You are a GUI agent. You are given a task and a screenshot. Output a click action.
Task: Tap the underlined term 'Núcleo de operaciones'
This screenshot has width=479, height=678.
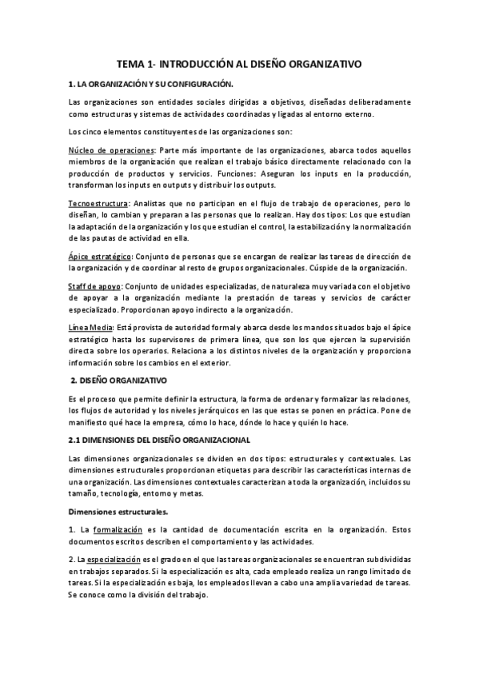click(111, 150)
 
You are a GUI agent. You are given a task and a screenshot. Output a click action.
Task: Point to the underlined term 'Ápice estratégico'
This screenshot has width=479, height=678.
click(100, 257)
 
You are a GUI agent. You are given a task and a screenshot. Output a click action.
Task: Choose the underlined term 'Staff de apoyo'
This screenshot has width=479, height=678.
click(95, 286)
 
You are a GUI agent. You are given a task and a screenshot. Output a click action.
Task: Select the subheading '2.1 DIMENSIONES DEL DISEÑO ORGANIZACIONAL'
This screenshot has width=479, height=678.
click(159, 440)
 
